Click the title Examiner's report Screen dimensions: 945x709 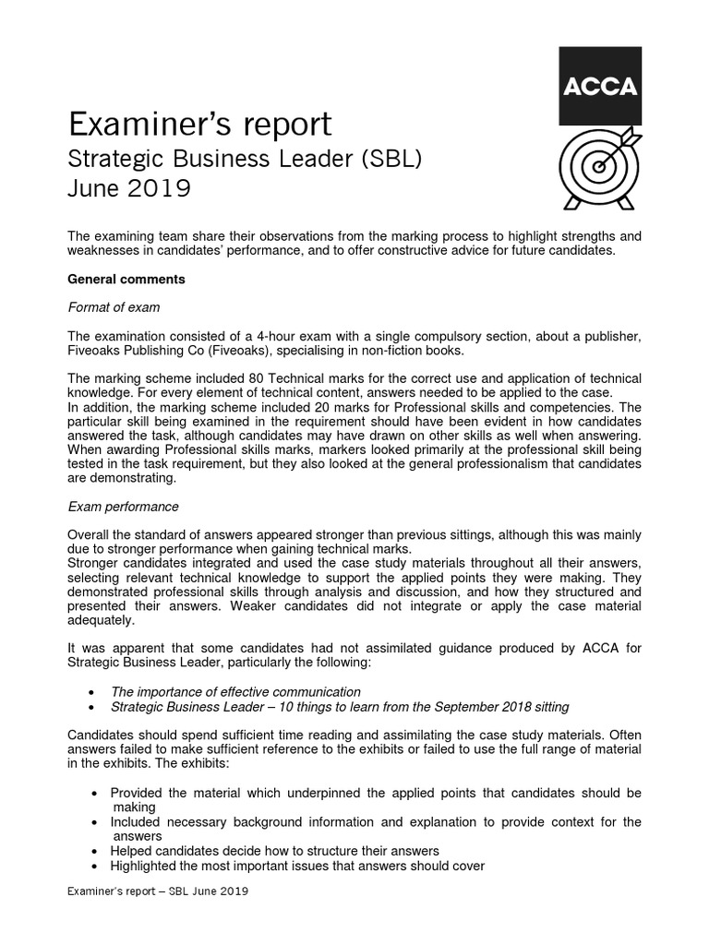(x=200, y=124)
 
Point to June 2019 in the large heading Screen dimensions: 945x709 (x=129, y=188)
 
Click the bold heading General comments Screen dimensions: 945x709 (x=126, y=279)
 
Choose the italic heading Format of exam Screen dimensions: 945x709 (x=115, y=306)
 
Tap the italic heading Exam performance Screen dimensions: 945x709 (x=124, y=507)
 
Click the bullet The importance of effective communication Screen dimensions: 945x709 (x=235, y=691)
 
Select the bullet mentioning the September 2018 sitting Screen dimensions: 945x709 (x=340, y=707)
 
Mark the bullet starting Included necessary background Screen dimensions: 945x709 (x=375, y=822)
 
